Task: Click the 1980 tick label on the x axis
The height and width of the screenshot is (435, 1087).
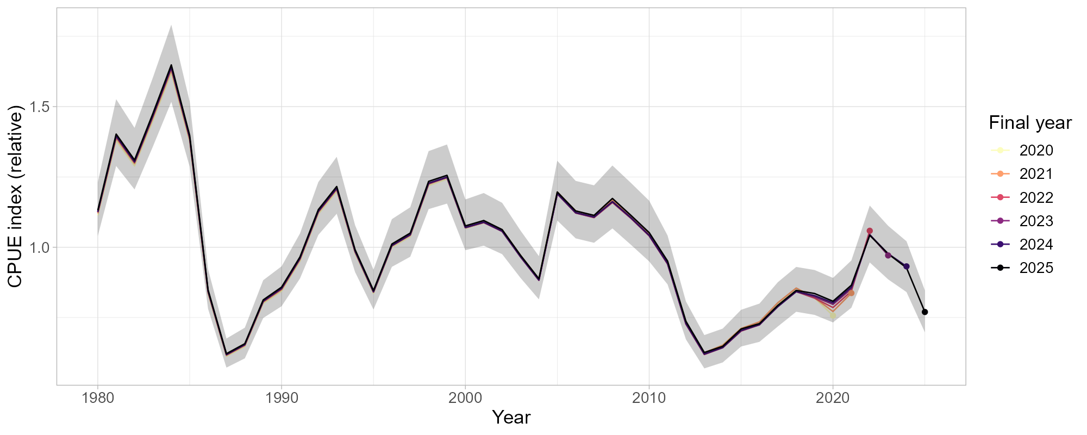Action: pyautogui.click(x=97, y=398)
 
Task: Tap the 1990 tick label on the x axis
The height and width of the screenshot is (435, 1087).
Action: pyautogui.click(x=281, y=398)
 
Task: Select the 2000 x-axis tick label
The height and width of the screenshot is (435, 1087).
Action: pyautogui.click(x=465, y=398)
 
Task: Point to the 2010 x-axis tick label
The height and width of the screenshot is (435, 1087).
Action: pyautogui.click(x=649, y=398)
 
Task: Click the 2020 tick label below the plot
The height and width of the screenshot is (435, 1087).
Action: pyautogui.click(x=833, y=398)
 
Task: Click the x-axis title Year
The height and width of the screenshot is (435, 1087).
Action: pyautogui.click(x=511, y=418)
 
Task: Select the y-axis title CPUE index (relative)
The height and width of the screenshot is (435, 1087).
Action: pyautogui.click(x=15, y=198)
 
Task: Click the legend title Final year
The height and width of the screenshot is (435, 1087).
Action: pyautogui.click(x=1030, y=123)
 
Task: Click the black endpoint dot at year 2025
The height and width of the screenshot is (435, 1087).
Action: pyautogui.click(x=924, y=312)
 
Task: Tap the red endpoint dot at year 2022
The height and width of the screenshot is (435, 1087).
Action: pyautogui.click(x=870, y=231)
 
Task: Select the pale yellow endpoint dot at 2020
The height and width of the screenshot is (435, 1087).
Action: pyautogui.click(x=833, y=315)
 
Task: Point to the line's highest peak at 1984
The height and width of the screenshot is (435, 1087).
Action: pyautogui.click(x=171, y=65)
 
